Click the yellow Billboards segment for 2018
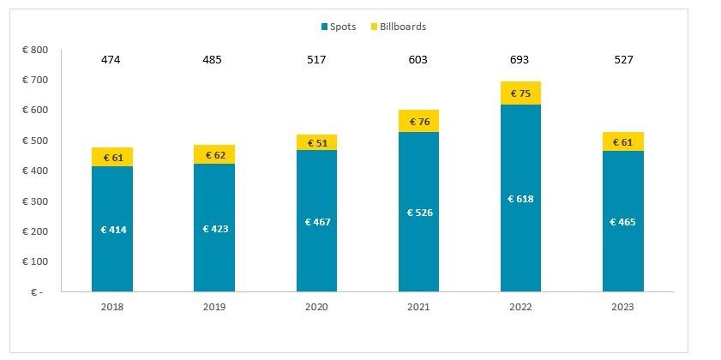111,157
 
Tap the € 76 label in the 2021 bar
419,121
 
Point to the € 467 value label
316,222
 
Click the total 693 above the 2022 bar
520,60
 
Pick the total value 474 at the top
111,60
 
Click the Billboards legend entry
396,27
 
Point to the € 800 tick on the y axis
35,50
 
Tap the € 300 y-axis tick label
35,201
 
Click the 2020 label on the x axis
316,306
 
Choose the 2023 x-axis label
622,306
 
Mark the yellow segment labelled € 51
316,142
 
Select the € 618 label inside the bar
520,199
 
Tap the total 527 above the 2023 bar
622,60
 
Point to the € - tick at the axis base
38,292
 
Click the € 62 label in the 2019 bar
214,154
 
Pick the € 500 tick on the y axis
35,141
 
